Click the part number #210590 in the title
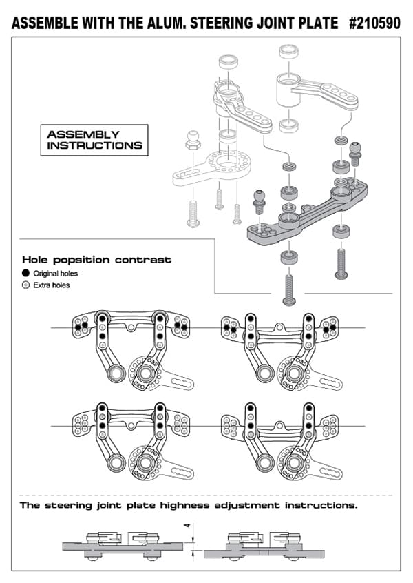[x=374, y=23]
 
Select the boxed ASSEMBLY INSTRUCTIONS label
[x=94, y=140]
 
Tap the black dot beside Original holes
[x=26, y=274]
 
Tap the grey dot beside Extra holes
[x=26, y=285]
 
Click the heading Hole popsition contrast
[x=96, y=260]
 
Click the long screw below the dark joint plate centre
[x=288, y=289]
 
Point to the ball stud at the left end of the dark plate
[x=260, y=202]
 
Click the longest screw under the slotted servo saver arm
[x=193, y=211]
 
